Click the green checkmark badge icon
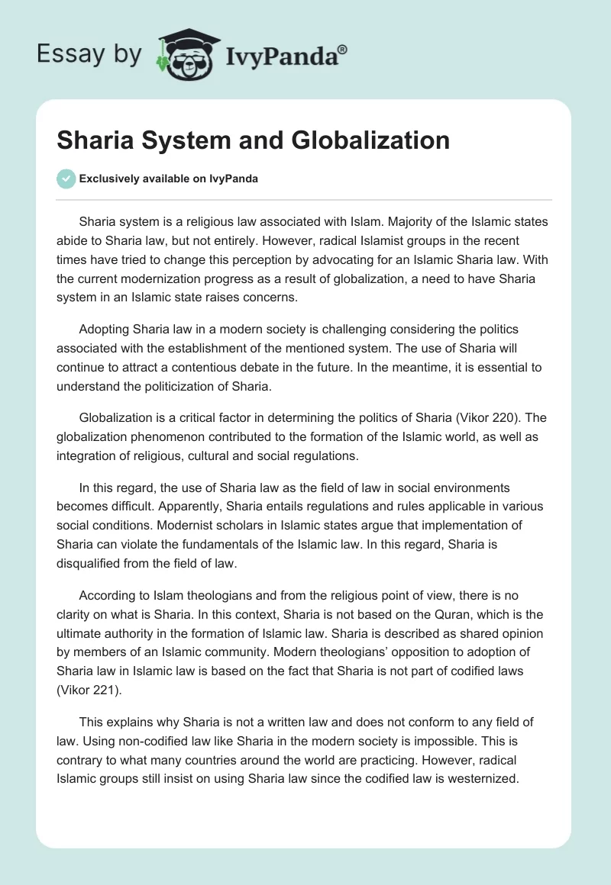[66, 179]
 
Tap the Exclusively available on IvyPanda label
[169, 179]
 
